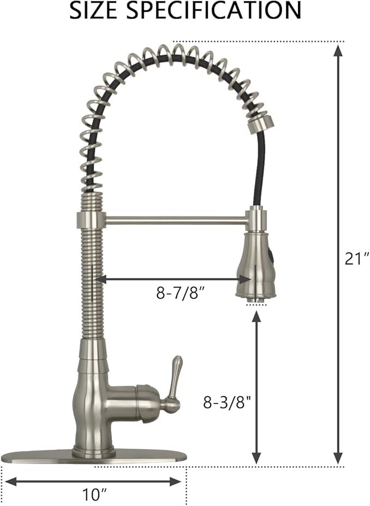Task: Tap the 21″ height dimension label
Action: (357, 259)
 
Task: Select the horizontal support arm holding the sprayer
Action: (175, 220)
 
